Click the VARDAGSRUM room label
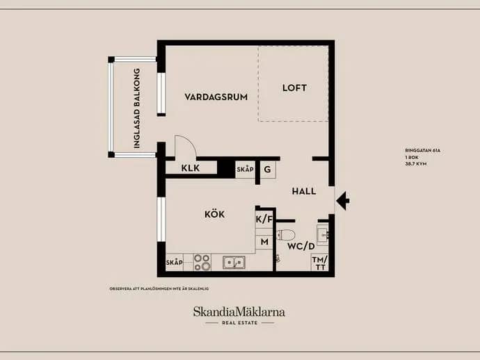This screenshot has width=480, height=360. click(x=216, y=97)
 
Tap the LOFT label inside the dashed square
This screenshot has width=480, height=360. click(x=294, y=88)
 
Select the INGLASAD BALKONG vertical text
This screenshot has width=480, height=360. click(x=137, y=108)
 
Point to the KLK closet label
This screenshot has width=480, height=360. click(x=190, y=168)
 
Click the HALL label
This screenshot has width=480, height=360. click(x=304, y=192)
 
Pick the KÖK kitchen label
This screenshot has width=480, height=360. click(x=214, y=214)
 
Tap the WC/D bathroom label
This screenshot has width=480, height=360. click(x=301, y=246)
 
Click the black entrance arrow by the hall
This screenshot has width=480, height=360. click(x=343, y=201)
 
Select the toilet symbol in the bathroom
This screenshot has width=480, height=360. click(x=286, y=235)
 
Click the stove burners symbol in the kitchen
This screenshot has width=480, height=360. click(x=202, y=263)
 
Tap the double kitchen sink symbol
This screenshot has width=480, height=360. click(x=234, y=263)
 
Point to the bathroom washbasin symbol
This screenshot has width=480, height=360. click(x=323, y=235)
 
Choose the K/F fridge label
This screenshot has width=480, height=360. click(x=264, y=220)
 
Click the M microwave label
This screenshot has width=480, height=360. click(x=264, y=242)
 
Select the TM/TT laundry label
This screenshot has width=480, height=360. click(x=320, y=263)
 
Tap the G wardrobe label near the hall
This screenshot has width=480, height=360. click(x=267, y=169)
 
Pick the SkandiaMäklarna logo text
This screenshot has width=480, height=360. click(x=239, y=311)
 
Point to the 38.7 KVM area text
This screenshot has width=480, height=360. click(x=416, y=164)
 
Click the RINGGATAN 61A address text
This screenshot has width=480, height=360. click(x=422, y=151)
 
